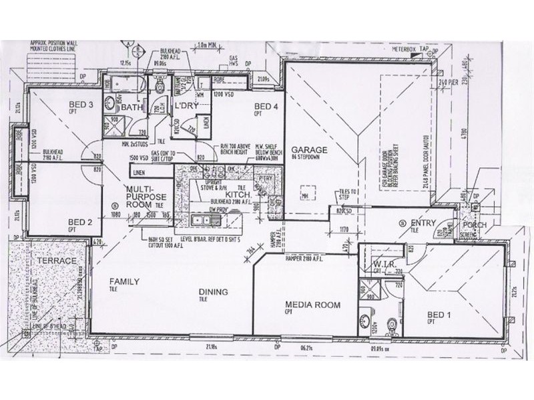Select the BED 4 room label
[266, 107]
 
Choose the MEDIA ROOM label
[314, 305]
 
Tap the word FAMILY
[124, 282]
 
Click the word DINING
[213, 291]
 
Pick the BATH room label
[133, 107]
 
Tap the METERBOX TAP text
[415, 48]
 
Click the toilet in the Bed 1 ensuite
[391, 325]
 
